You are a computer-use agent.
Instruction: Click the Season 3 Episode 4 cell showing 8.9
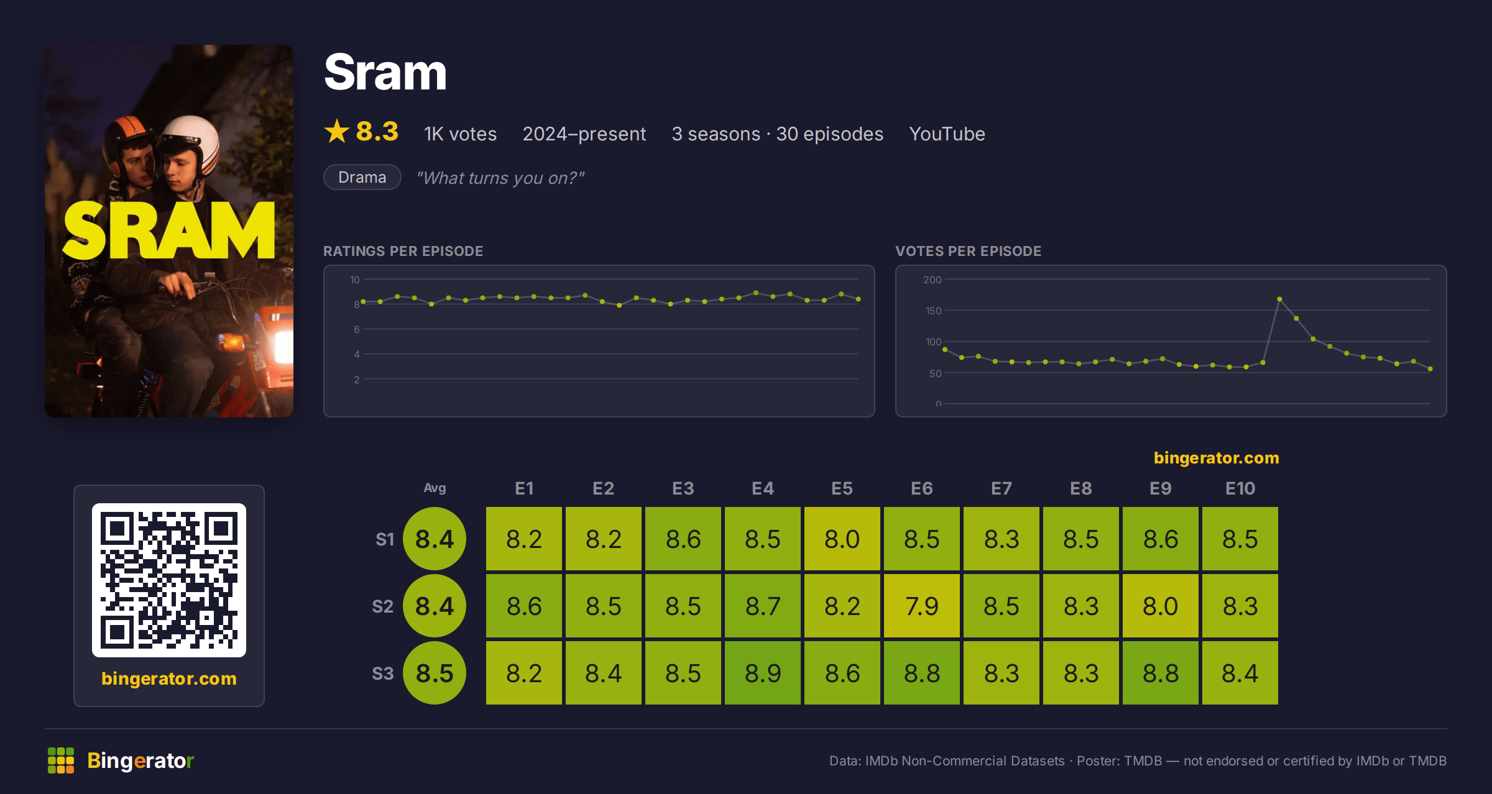click(x=763, y=673)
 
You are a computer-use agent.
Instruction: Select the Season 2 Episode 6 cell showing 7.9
click(x=922, y=606)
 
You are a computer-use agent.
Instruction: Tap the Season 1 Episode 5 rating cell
click(x=842, y=539)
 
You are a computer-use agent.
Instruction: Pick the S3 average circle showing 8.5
click(x=435, y=673)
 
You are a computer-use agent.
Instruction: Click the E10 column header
click(x=1240, y=488)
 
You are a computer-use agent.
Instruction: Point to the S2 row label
click(x=383, y=606)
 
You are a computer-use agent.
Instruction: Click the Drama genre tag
click(x=362, y=177)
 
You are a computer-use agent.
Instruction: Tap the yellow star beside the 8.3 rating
click(x=337, y=131)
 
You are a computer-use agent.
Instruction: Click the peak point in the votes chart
click(x=1279, y=299)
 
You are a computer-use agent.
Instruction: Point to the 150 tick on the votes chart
click(x=933, y=311)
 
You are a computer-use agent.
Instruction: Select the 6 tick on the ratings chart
click(x=357, y=329)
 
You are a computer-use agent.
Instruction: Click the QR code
click(x=169, y=580)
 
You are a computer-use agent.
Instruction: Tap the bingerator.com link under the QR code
click(x=169, y=678)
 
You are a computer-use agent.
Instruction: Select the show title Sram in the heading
click(x=385, y=72)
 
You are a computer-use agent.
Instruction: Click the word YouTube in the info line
click(x=947, y=134)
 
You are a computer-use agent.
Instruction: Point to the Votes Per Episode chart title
click(x=969, y=251)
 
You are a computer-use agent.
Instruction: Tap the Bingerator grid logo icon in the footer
click(x=61, y=760)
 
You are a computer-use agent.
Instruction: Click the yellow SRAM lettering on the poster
click(x=169, y=230)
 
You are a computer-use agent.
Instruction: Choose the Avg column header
click(x=435, y=488)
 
